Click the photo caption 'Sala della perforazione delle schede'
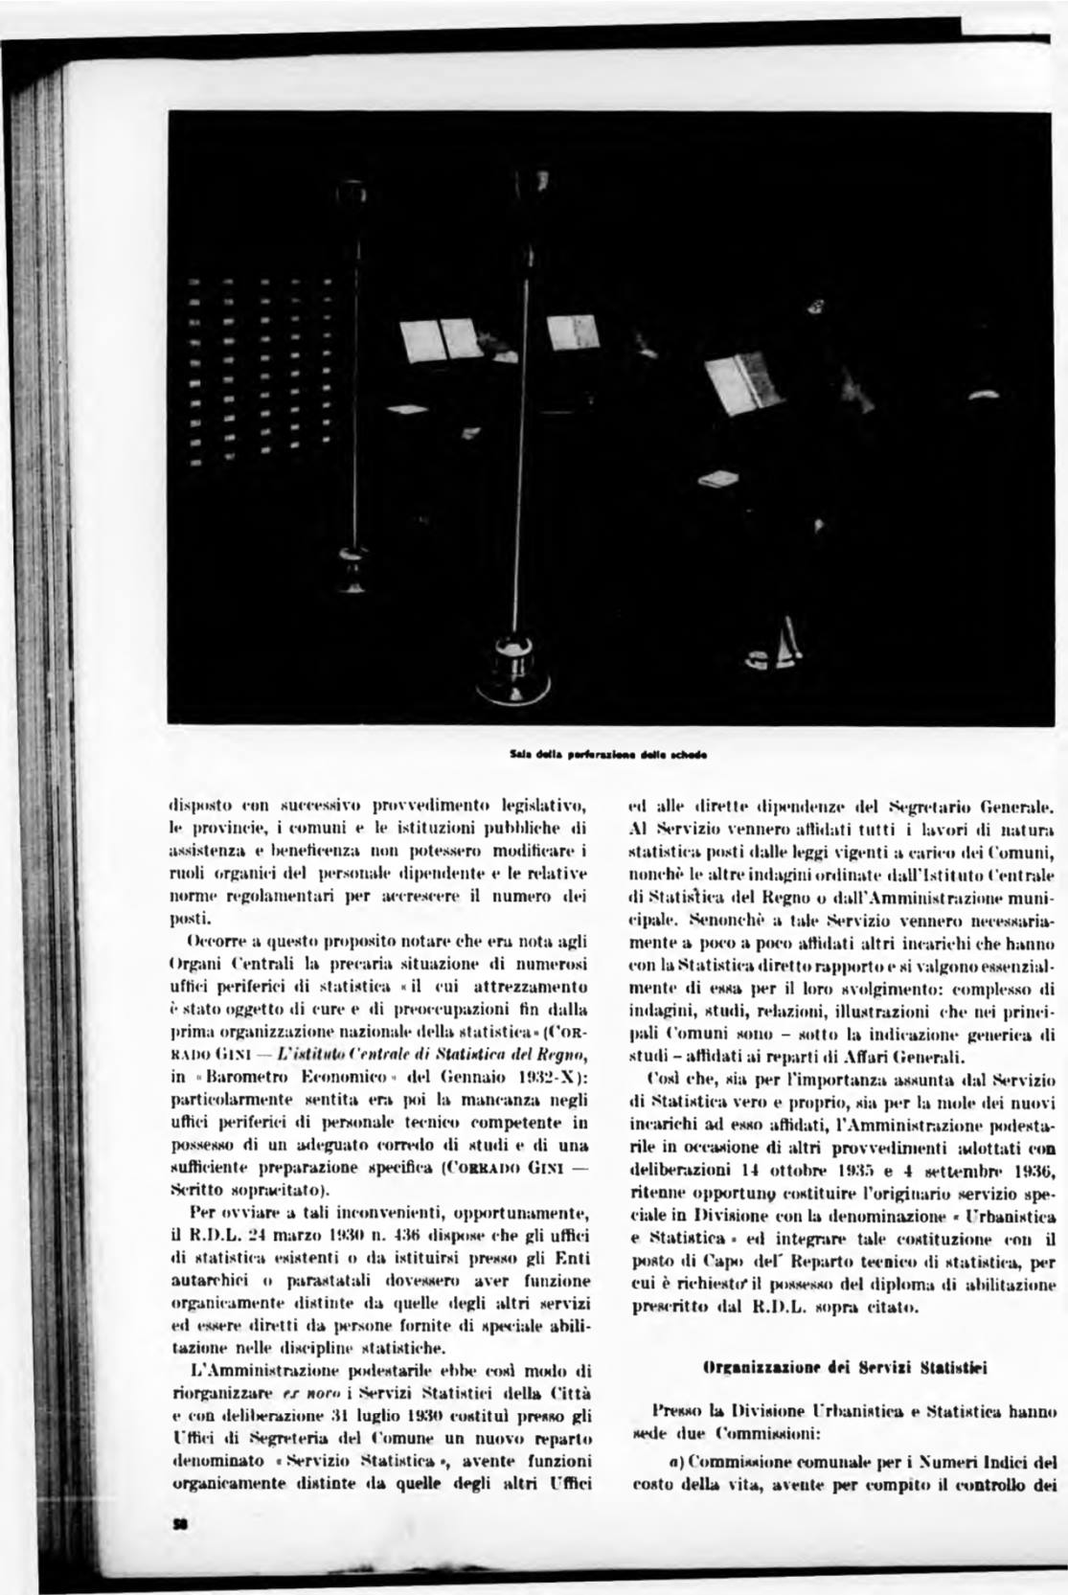click(610, 753)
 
